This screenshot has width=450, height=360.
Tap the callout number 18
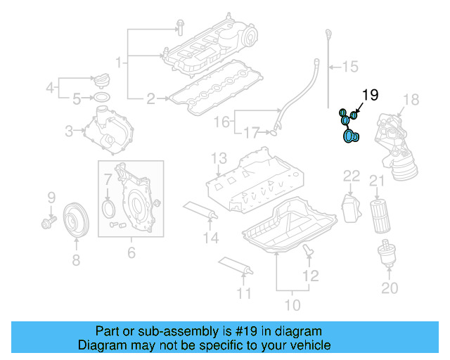tap(411, 99)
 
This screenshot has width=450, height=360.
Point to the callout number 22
tap(351, 175)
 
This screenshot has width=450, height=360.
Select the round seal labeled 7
tap(108, 209)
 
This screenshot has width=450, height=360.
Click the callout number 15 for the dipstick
tap(349, 67)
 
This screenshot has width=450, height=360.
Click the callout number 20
tap(389, 287)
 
